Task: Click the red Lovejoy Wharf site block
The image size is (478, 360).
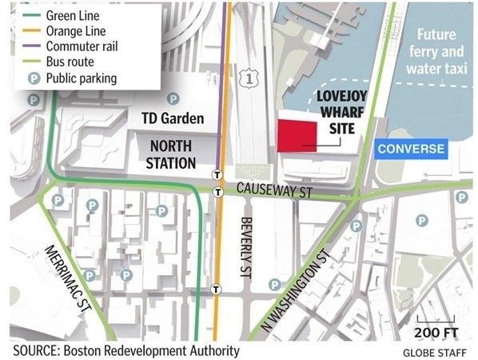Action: [295, 134]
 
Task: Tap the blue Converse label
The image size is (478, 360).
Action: [411, 149]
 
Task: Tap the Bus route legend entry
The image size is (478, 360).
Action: [70, 62]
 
